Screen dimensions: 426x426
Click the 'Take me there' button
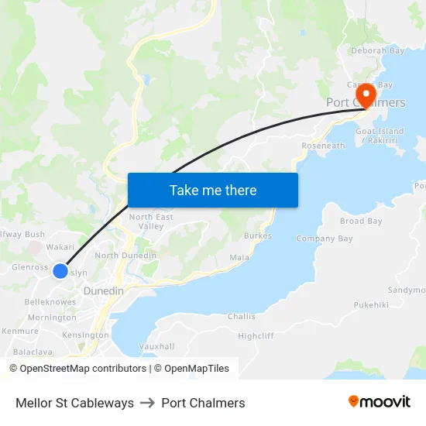pos(212,190)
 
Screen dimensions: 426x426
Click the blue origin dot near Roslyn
pos(60,270)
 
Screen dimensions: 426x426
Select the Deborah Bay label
pos(377,51)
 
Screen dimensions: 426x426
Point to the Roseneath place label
pos(323,146)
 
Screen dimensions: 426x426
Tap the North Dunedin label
pos(125,256)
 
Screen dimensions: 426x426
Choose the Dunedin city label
pos(103,290)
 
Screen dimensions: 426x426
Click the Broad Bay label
pos(361,222)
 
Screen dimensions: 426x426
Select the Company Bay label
pos(325,239)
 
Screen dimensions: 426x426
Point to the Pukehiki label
pos(371,305)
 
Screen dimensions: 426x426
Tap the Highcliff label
pos(256,335)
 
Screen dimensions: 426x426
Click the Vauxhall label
pos(156,345)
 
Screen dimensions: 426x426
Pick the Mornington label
pos(52,318)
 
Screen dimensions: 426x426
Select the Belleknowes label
pos(50,302)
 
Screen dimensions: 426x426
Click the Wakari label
pos(60,247)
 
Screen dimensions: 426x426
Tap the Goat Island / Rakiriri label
pos(380,136)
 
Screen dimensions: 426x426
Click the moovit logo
pos(379,402)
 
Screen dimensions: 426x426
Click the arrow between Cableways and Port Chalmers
pos(147,403)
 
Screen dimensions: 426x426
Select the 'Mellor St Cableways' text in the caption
pos(74,403)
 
